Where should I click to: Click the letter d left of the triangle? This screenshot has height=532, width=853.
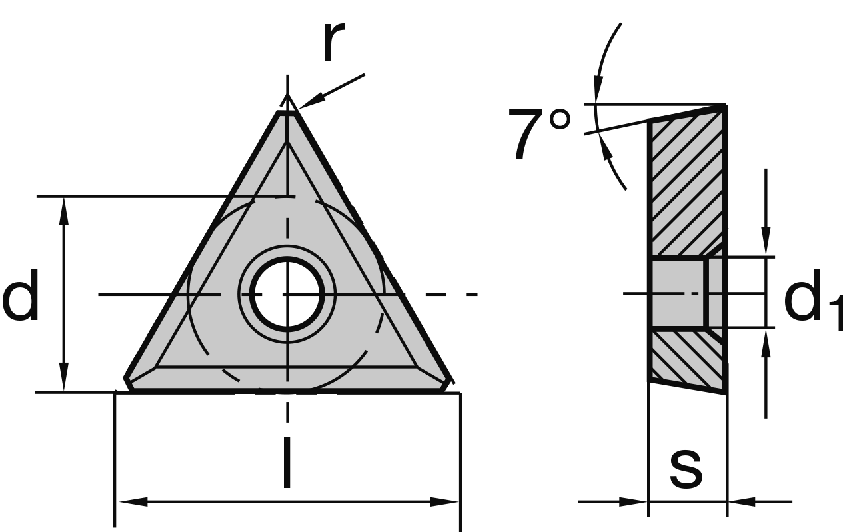(21, 297)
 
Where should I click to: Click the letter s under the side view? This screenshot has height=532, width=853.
(686, 467)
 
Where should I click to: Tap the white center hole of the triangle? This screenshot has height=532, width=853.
(287, 293)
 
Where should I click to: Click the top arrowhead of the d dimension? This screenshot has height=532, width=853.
(64, 208)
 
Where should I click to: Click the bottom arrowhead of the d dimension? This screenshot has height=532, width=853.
(64, 381)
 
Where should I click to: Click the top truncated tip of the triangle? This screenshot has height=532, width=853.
(287, 113)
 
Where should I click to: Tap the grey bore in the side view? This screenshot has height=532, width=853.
(677, 293)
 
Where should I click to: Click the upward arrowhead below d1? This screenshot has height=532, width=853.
(766, 343)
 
